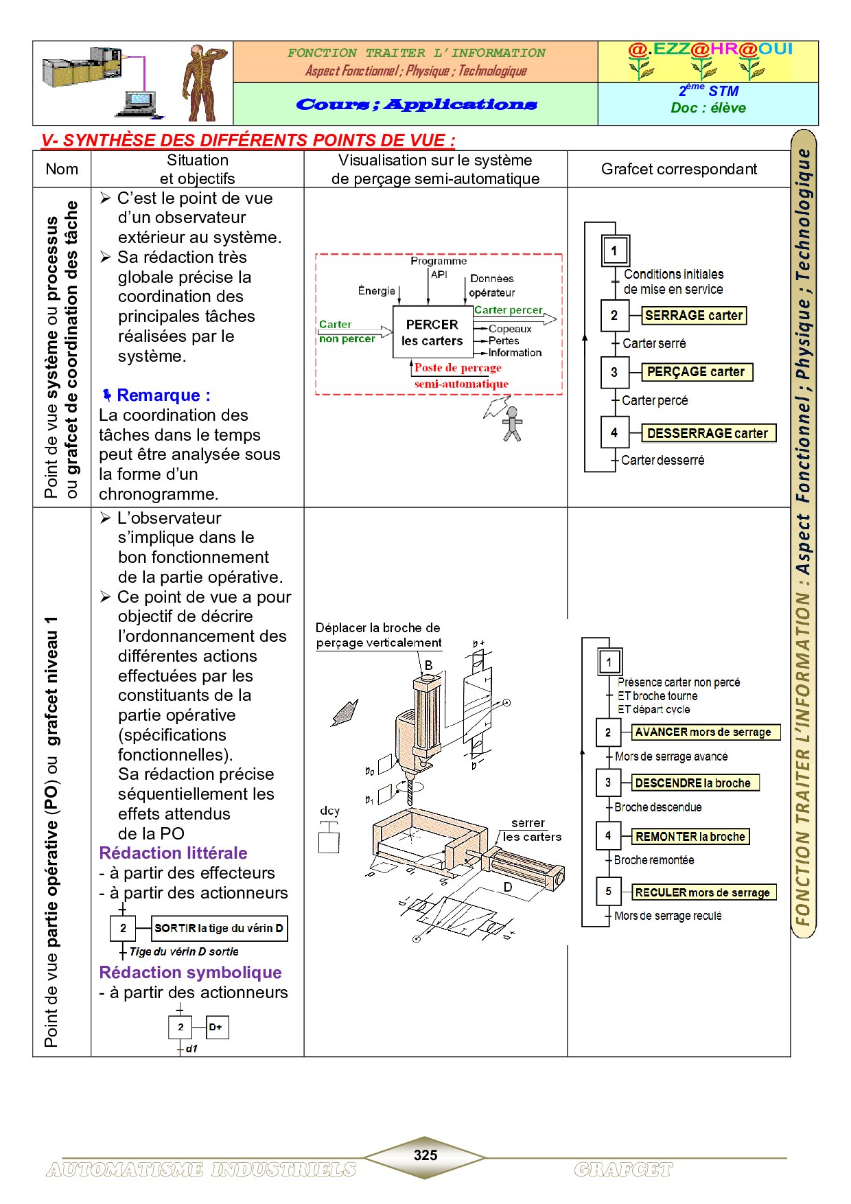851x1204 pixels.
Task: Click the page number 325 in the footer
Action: tap(425, 1155)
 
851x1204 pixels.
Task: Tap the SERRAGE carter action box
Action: tap(694, 316)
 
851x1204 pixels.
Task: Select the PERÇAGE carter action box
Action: tap(696, 372)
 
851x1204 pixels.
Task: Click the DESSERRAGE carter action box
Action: tap(708, 433)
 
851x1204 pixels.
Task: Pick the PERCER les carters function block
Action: tap(432, 332)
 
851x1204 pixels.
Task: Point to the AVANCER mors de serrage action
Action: tap(705, 732)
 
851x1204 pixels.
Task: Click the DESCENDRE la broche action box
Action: tap(694, 783)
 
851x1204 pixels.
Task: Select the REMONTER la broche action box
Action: tap(690, 837)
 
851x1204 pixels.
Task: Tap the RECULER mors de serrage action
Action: tap(703, 892)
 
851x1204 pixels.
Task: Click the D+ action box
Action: tap(216, 1028)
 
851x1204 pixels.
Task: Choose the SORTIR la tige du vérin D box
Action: tap(218, 929)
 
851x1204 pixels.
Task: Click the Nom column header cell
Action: tap(62, 170)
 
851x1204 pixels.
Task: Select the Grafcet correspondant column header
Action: tap(679, 170)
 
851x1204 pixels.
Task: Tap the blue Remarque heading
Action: tap(163, 395)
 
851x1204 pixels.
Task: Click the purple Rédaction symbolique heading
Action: tap(190, 973)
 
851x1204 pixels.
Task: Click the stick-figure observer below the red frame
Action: tap(512, 424)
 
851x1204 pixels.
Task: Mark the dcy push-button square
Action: tap(329, 842)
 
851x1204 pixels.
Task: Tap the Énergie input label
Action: tap(376, 291)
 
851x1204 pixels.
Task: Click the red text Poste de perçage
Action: tap(458, 368)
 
